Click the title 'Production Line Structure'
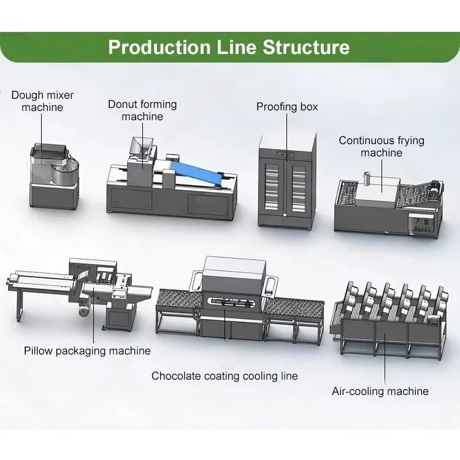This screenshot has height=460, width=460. click(229, 47)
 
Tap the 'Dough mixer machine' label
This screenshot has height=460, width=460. click(42, 101)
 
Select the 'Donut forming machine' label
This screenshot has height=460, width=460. click(142, 110)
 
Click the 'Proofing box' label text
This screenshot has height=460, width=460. click(287, 107)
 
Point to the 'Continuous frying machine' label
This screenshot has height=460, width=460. click(381, 147)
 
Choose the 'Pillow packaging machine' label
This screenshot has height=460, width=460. click(87, 351)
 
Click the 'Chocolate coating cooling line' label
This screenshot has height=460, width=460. click(224, 376)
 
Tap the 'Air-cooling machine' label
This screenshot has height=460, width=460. click(380, 391)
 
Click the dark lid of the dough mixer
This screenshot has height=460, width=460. click(50, 152)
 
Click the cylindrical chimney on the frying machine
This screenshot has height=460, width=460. click(367, 178)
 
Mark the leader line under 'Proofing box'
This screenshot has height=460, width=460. click(287, 137)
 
